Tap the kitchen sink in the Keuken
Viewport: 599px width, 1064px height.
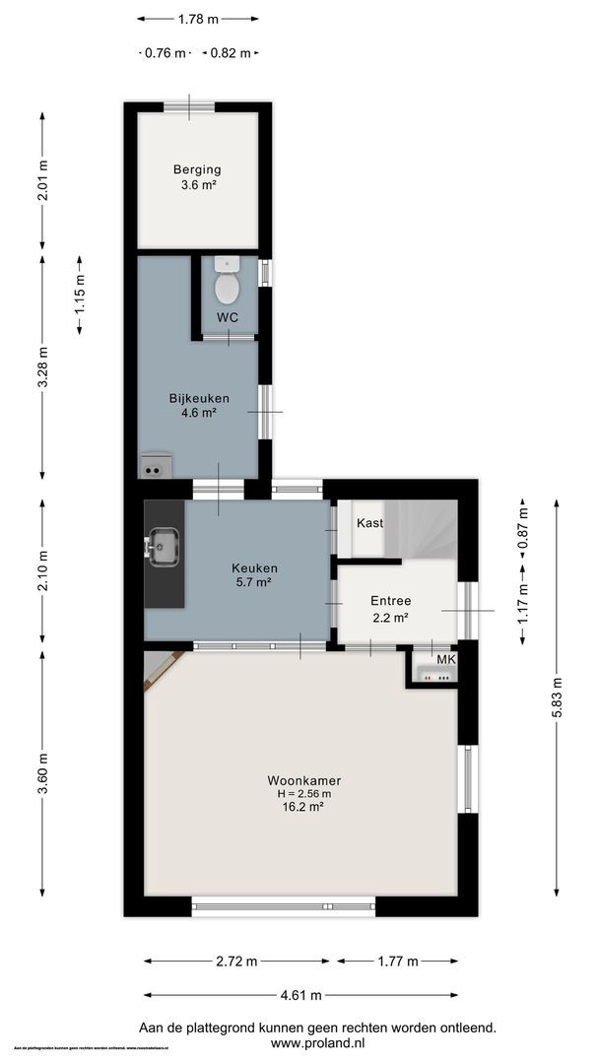pyautogui.click(x=163, y=545)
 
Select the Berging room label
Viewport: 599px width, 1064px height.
pyautogui.click(x=197, y=169)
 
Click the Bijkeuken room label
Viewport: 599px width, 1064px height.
pyautogui.click(x=199, y=398)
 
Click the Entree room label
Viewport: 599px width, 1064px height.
pyautogui.click(x=390, y=601)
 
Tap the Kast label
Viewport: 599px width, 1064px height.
pyautogui.click(x=369, y=522)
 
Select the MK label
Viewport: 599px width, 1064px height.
pyautogui.click(x=445, y=659)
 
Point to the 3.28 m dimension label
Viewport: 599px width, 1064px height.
pyautogui.click(x=42, y=367)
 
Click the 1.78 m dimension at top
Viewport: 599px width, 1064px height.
pyautogui.click(x=198, y=18)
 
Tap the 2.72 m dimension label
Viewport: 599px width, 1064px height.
pyautogui.click(x=237, y=962)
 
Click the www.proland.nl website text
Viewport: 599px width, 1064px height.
pyautogui.click(x=317, y=1042)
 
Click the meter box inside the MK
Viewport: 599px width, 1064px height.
pyautogui.click(x=433, y=677)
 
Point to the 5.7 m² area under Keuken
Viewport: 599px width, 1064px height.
pyautogui.click(x=253, y=582)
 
